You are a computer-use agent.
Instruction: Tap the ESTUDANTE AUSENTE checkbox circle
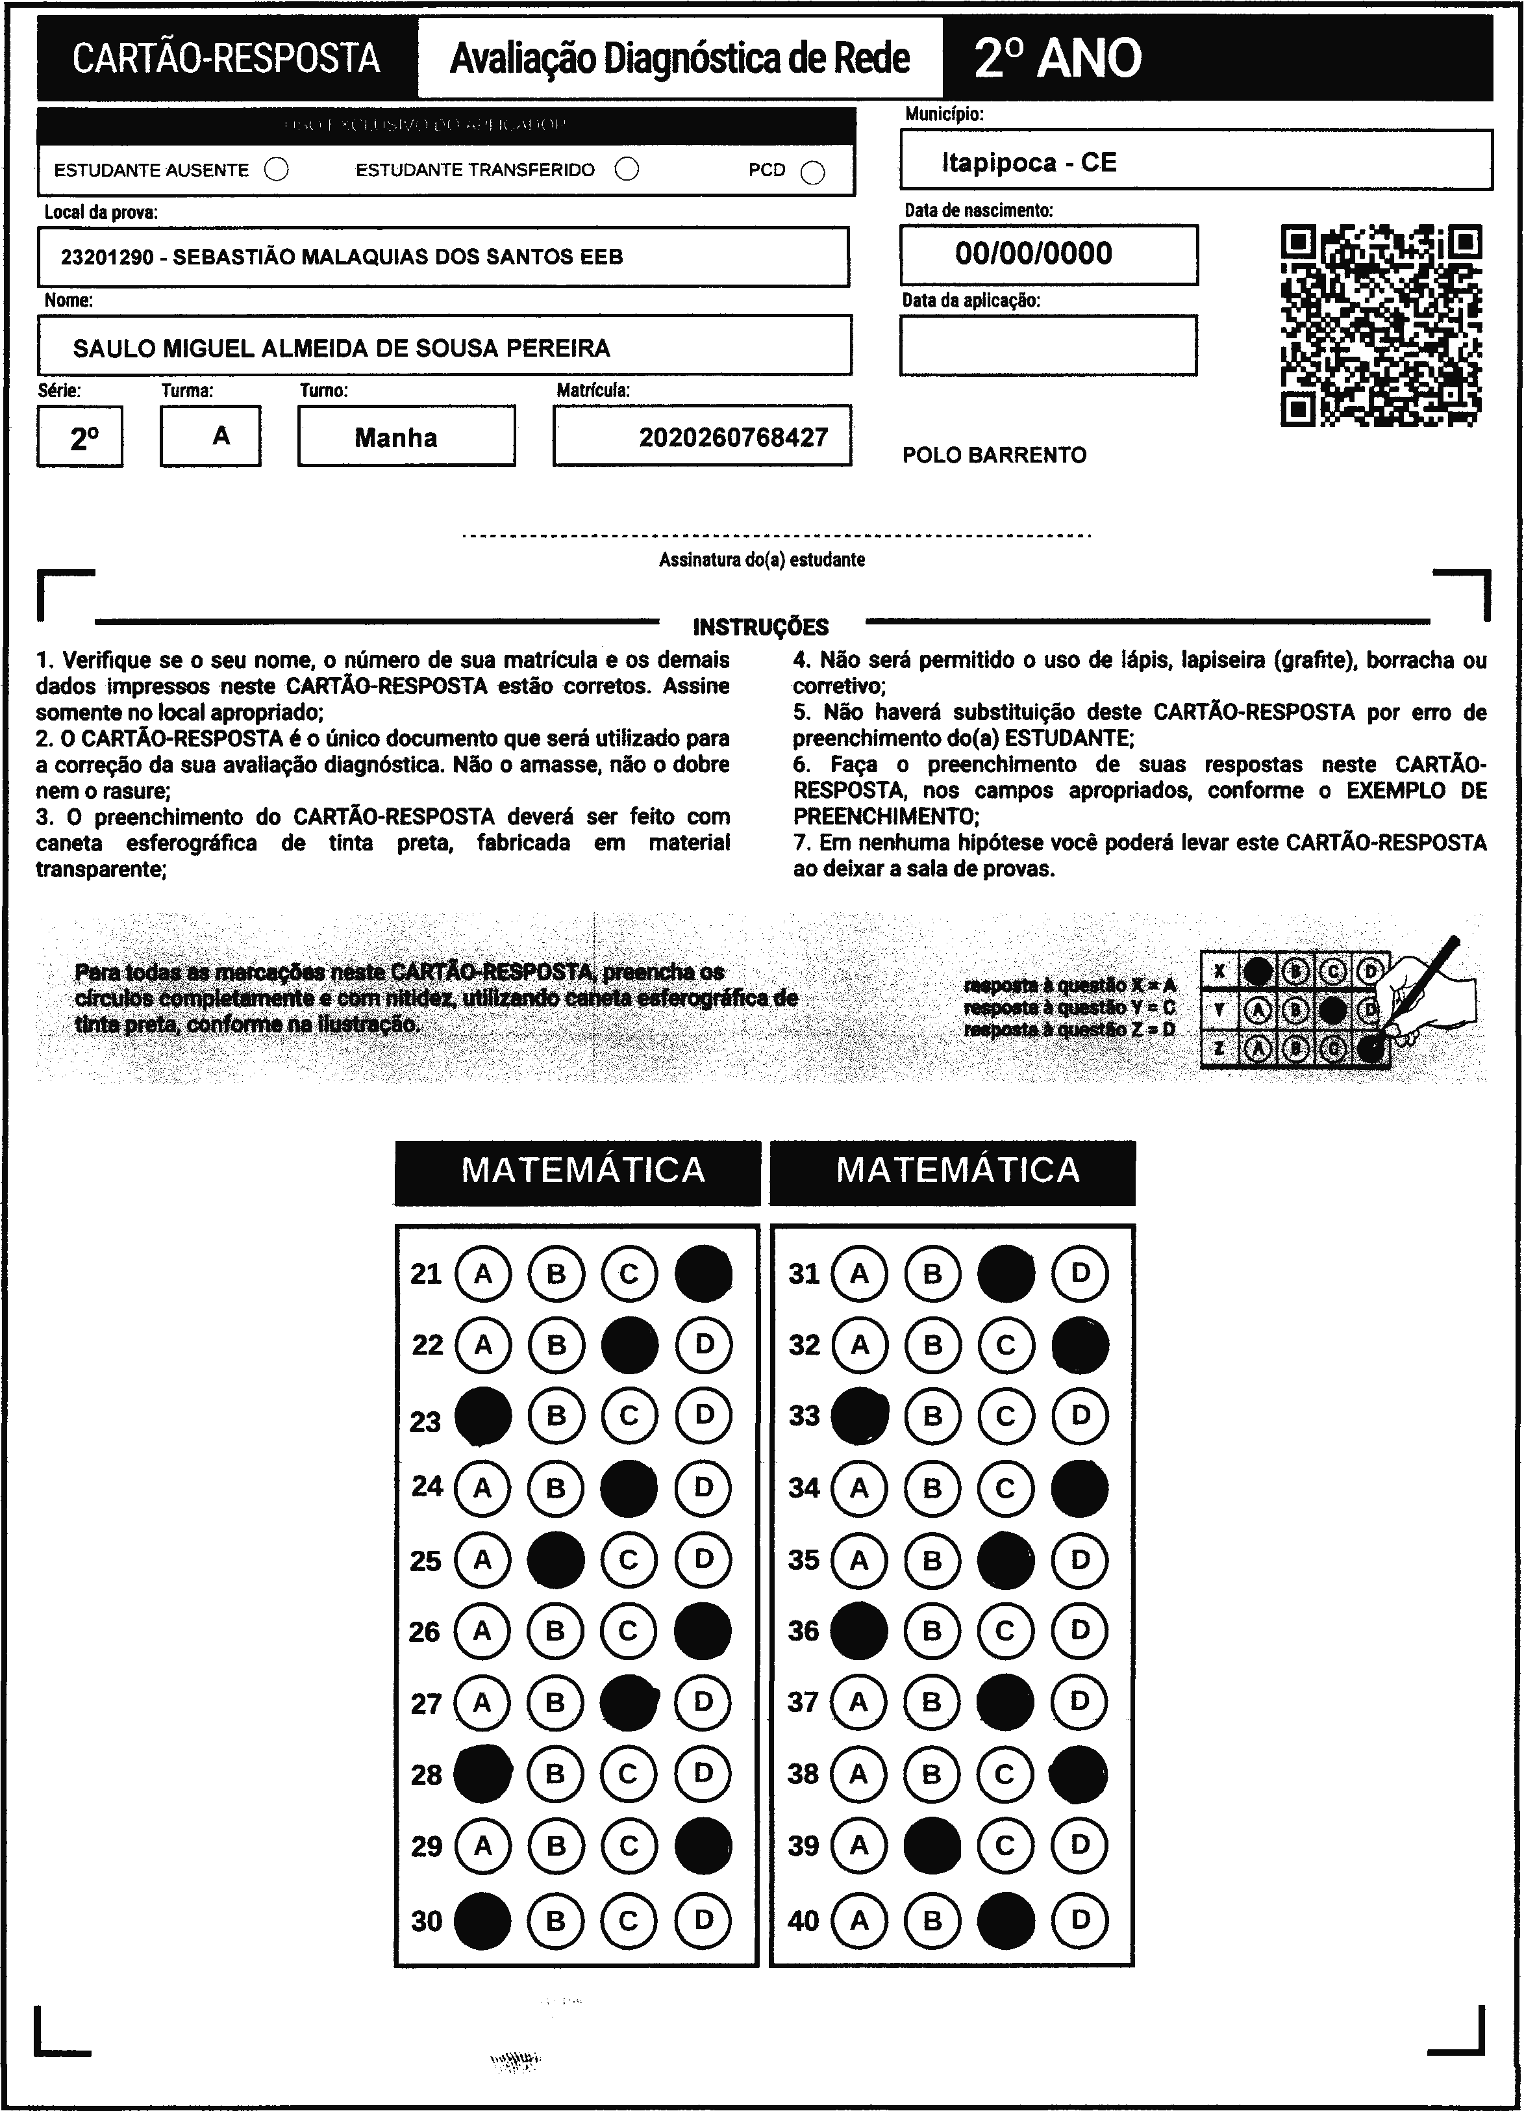click(x=277, y=170)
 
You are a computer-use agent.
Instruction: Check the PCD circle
click(x=812, y=172)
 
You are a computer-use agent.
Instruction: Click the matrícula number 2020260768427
click(x=733, y=437)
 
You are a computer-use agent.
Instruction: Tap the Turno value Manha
click(x=395, y=437)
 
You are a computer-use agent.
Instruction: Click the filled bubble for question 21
click(x=703, y=1273)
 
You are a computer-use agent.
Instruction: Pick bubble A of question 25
click(x=482, y=1559)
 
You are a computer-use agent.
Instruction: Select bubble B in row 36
click(x=931, y=1631)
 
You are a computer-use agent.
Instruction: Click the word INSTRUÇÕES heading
click(x=760, y=626)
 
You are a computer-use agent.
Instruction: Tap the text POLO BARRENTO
click(x=993, y=455)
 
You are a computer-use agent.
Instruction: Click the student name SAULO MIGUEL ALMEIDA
click(x=342, y=348)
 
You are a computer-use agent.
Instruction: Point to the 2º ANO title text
click(x=1058, y=58)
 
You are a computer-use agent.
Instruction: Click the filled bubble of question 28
click(x=482, y=1773)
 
